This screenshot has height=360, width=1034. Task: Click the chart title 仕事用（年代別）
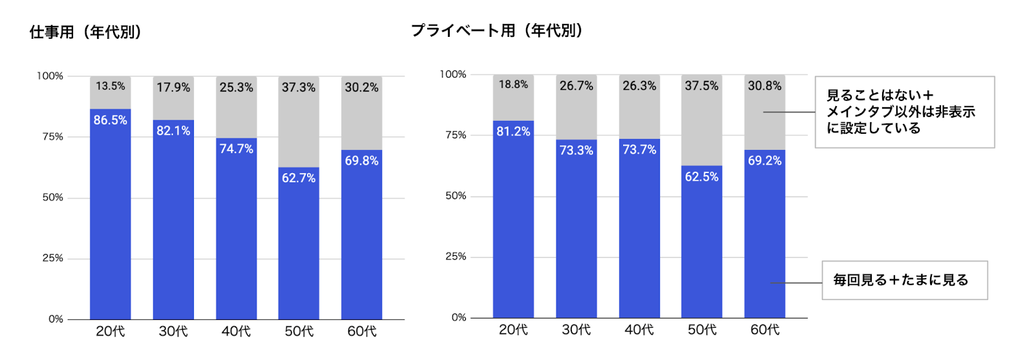tap(85, 32)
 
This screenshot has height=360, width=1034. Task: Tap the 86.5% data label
tap(111, 120)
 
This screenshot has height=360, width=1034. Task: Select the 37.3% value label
tap(299, 87)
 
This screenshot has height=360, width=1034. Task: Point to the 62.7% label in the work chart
tap(299, 178)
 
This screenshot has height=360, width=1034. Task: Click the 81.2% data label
tap(513, 131)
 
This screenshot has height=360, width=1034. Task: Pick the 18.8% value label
tap(513, 85)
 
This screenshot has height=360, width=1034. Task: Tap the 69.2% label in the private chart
tap(765, 160)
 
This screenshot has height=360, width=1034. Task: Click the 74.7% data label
tap(237, 149)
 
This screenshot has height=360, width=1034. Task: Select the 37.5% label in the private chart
tap(702, 86)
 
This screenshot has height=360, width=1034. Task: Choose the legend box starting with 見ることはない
tap(904, 112)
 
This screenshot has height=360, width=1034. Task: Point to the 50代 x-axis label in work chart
tap(299, 331)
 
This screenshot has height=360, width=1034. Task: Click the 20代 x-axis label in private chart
tap(513, 330)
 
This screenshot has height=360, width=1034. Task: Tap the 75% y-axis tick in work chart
tap(53, 136)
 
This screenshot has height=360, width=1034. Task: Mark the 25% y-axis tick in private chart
tap(456, 257)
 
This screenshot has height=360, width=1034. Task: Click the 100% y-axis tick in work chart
tap(50, 76)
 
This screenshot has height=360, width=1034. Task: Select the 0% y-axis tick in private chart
tap(459, 317)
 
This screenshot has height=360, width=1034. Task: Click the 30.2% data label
tap(361, 87)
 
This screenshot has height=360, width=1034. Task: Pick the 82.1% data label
tap(173, 131)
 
